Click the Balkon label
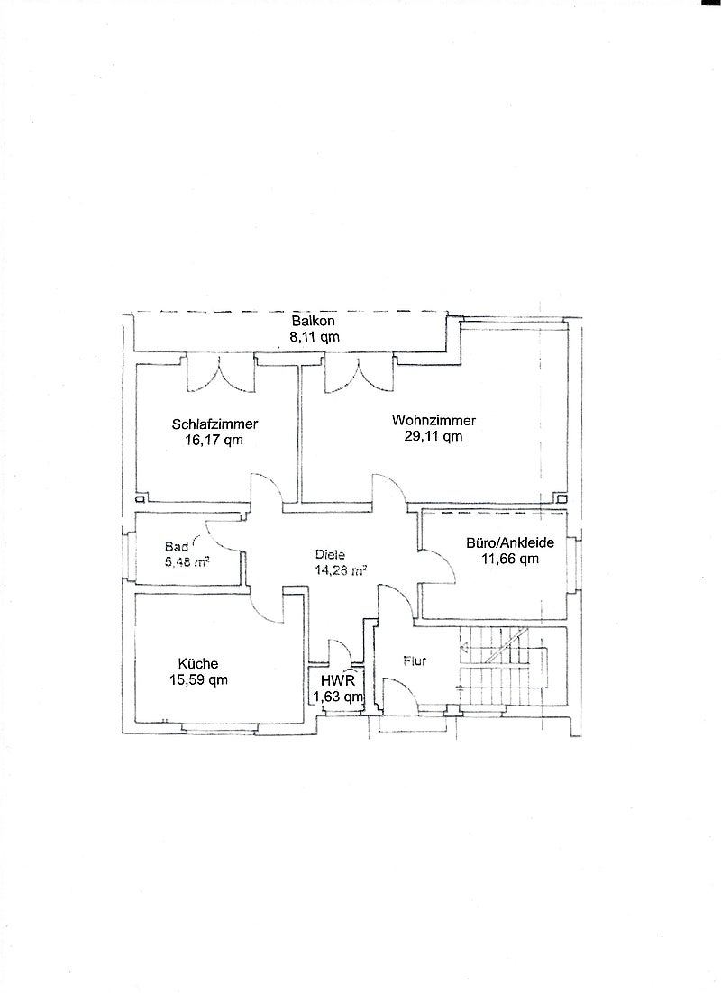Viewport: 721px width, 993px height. click(x=313, y=321)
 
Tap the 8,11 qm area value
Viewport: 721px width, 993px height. click(x=315, y=337)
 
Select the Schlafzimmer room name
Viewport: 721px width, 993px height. click(x=214, y=424)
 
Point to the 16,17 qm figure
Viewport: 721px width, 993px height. click(x=214, y=440)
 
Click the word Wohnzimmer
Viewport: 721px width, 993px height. click(x=434, y=420)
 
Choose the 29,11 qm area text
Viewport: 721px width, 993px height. click(x=434, y=436)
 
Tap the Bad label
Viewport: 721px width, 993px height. click(x=176, y=546)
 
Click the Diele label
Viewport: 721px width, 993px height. click(x=330, y=555)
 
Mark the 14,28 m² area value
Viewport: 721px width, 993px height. click(x=341, y=570)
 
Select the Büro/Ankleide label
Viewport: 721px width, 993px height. click(x=510, y=542)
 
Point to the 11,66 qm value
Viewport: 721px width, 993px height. click(x=510, y=559)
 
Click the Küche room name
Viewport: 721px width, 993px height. click(x=197, y=664)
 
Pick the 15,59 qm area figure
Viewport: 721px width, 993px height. click(x=198, y=680)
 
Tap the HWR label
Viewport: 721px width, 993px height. click(x=338, y=681)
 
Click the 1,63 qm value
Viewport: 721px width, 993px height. click(x=338, y=697)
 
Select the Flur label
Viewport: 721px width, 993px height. click(x=415, y=660)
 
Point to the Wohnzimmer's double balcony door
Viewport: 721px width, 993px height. click(x=359, y=374)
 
